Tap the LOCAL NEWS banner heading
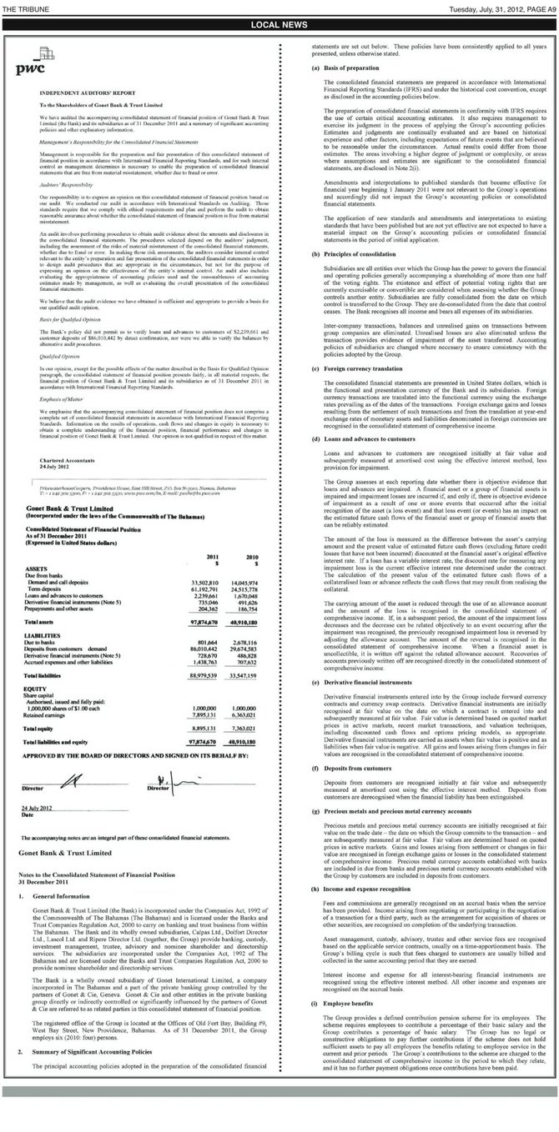(x=279, y=25)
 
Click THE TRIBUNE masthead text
(x=26, y=8)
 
